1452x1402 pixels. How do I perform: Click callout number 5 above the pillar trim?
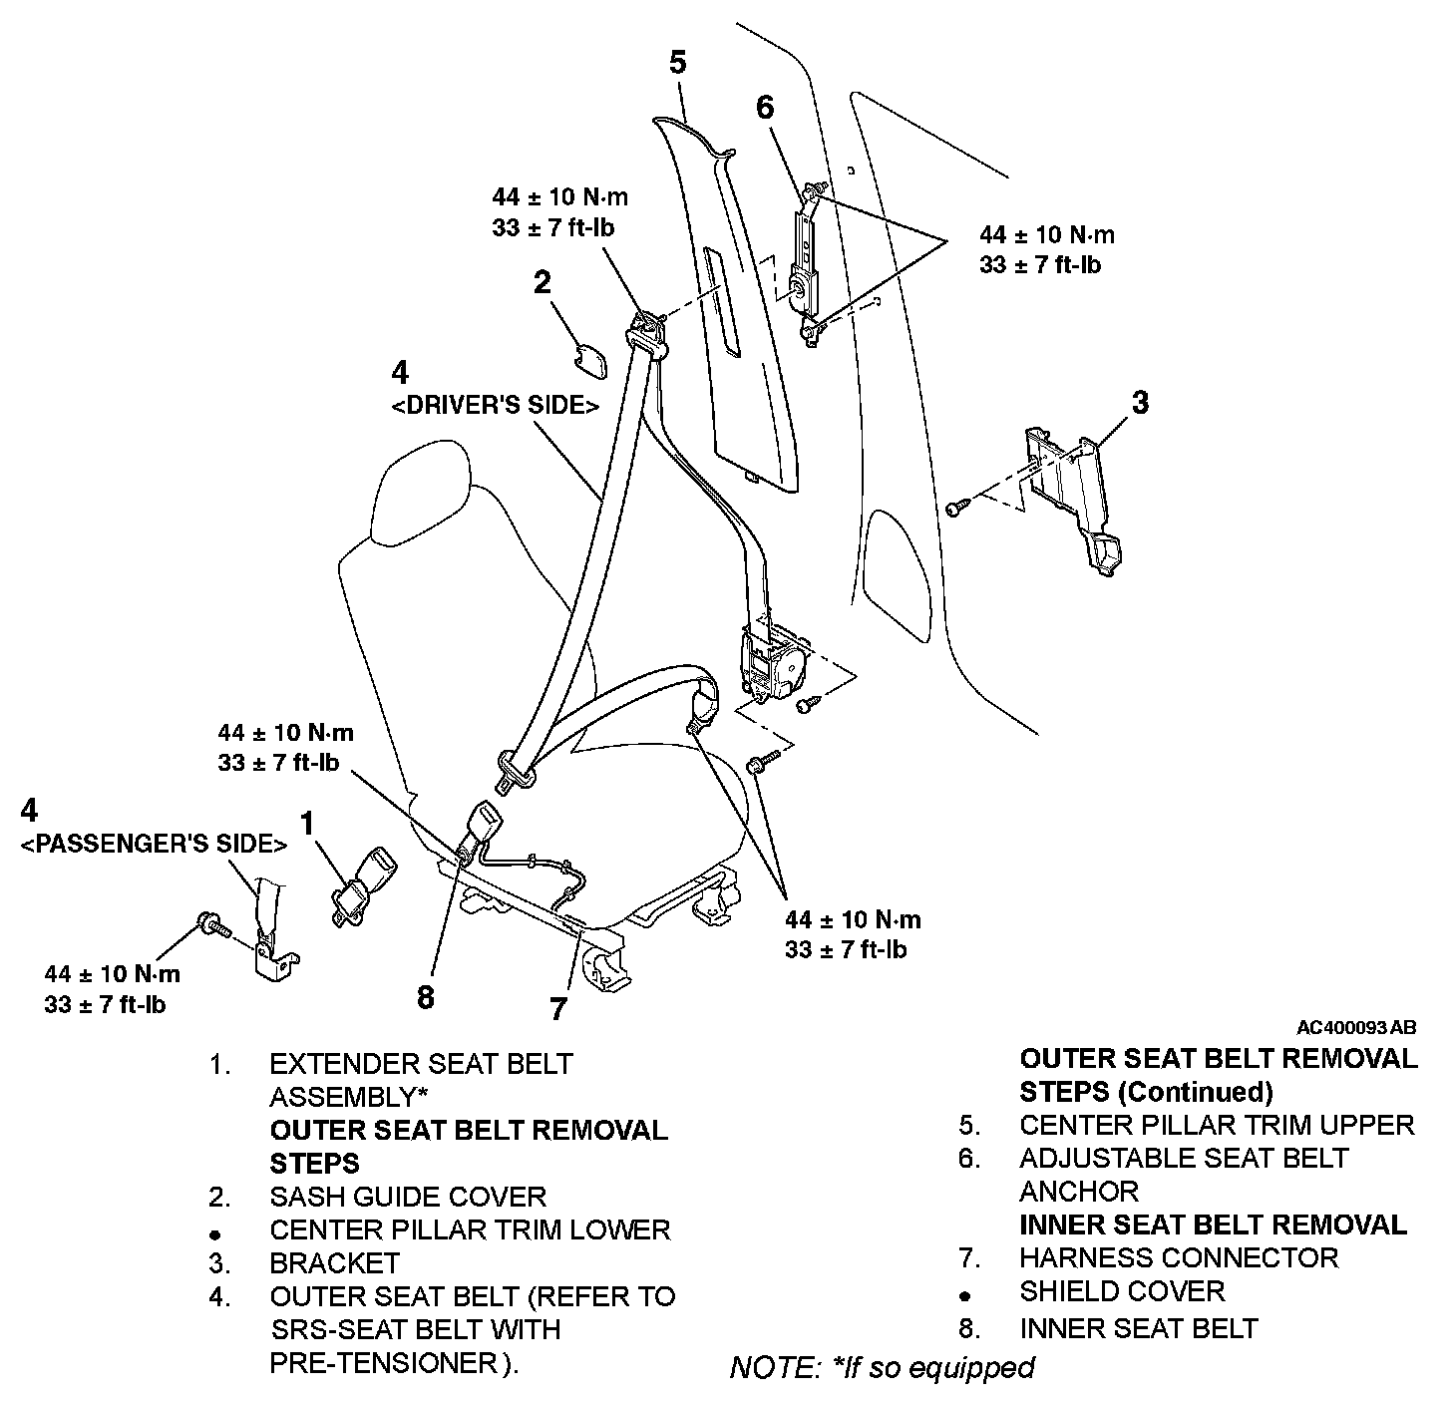[677, 63]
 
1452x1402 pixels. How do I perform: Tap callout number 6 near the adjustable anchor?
[765, 107]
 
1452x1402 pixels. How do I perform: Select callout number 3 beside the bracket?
[1140, 403]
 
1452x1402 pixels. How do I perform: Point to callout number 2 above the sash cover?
[542, 283]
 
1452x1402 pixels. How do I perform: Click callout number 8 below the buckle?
[426, 996]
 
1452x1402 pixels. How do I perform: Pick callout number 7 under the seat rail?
[558, 1008]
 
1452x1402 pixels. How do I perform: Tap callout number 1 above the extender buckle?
[308, 823]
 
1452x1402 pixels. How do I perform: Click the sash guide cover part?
[594, 361]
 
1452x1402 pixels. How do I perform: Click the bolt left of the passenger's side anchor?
[213, 924]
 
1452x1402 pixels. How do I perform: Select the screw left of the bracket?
[955, 508]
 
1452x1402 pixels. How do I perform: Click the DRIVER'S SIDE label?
[495, 406]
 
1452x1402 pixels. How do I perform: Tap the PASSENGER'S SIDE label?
[154, 844]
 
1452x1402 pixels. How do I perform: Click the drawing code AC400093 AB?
[1356, 1027]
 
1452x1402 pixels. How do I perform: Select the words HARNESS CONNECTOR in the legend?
[1178, 1257]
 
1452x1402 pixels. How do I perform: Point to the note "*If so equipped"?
[882, 1366]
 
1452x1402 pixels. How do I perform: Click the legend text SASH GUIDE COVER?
[408, 1197]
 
